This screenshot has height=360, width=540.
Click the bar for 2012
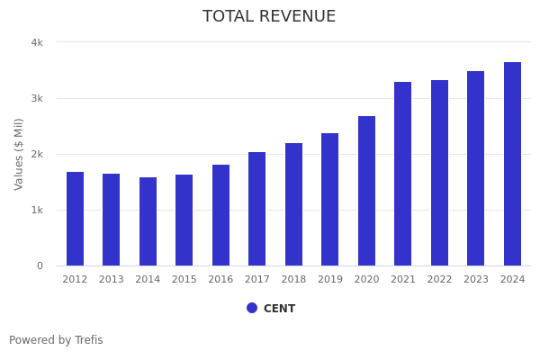click(x=75, y=219)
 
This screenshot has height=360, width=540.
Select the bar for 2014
click(x=148, y=221)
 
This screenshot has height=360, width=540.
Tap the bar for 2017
click(x=257, y=209)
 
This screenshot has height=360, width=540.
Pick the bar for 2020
click(x=366, y=191)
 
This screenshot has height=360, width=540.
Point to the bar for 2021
click(x=403, y=174)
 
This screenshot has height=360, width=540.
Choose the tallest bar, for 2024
click(x=512, y=164)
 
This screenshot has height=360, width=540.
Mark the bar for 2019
click(x=330, y=199)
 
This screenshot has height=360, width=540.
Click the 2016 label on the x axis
click(x=220, y=280)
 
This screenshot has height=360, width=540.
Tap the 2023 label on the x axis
click(x=476, y=280)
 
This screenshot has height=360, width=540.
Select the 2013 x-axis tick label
click(x=112, y=280)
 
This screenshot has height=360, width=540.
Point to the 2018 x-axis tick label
click(x=293, y=280)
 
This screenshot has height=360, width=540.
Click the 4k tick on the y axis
click(x=37, y=42)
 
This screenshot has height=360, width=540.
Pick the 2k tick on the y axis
click(x=37, y=154)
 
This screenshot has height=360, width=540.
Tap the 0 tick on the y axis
click(x=40, y=265)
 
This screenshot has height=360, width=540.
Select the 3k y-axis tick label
click(x=37, y=98)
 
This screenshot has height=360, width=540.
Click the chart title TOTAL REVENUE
click(x=269, y=17)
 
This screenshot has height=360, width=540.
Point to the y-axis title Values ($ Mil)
click(x=19, y=154)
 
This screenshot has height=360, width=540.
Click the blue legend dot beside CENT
click(x=252, y=308)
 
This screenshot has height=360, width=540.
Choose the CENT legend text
click(x=279, y=309)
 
